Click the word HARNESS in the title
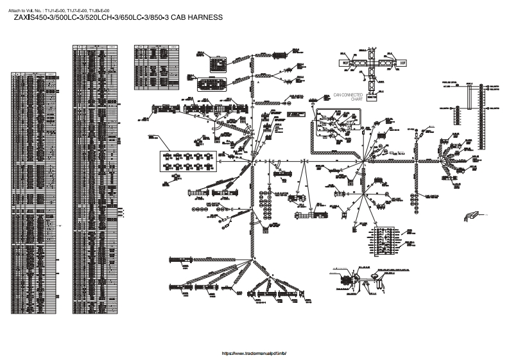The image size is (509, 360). tap(204, 18)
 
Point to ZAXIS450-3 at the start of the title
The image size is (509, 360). tap(34, 18)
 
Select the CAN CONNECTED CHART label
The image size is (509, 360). tap(348, 97)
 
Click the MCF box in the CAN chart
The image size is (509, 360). tap(345, 64)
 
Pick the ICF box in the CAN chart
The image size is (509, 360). tap(403, 64)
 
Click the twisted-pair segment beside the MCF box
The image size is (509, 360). tap(359, 64)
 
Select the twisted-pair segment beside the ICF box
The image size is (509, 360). tap(388, 64)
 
